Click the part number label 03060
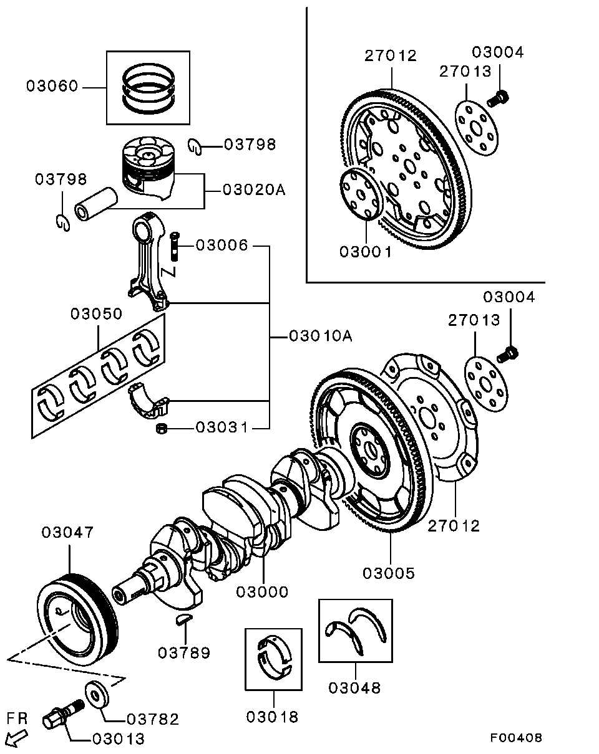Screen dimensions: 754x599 [x=52, y=86]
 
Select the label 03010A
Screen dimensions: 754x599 [x=321, y=336]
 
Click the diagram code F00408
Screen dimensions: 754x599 [x=515, y=738]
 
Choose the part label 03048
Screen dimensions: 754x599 [x=354, y=688]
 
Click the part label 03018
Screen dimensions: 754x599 [x=272, y=717]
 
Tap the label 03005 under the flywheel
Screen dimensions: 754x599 [x=389, y=573]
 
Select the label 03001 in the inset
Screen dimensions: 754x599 [x=366, y=252]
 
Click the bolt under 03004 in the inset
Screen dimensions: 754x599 [x=499, y=97]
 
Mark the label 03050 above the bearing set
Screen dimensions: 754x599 [x=96, y=313]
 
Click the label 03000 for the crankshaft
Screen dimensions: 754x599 [x=262, y=591]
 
